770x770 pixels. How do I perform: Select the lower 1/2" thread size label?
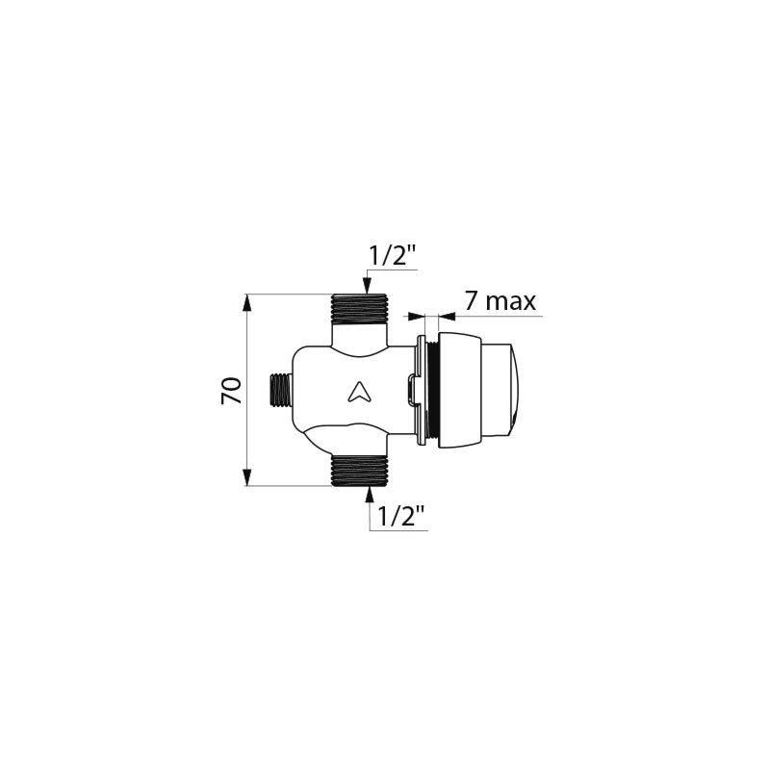point(401,517)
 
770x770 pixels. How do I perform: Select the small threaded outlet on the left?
point(278,390)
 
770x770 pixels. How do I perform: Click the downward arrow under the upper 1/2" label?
point(367,285)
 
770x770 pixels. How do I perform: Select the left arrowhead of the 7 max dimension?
point(413,315)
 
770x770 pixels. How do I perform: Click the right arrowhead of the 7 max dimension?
point(445,315)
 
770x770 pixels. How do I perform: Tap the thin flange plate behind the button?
point(422,390)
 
